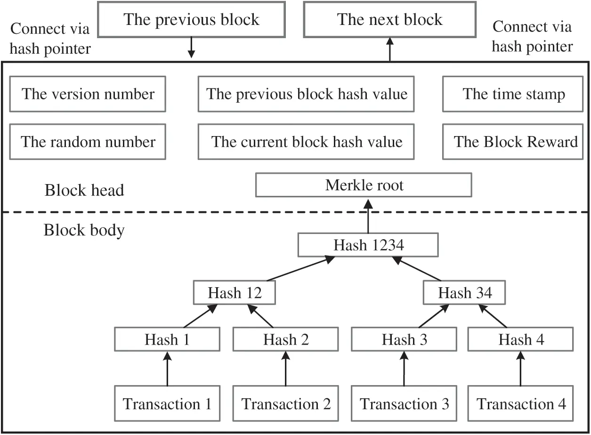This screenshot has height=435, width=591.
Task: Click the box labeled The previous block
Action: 191,19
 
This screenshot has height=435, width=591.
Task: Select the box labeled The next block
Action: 389,19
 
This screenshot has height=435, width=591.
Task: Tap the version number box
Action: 88,94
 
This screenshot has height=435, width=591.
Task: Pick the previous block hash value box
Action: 306,94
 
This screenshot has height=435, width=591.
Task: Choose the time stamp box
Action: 513,94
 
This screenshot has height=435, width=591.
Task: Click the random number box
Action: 88,142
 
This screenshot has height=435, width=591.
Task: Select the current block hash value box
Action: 306,142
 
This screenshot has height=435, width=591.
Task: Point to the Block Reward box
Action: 513,142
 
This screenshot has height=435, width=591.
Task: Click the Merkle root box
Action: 364,185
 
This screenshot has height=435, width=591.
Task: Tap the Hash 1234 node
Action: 368,245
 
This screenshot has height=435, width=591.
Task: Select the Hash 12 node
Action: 235,293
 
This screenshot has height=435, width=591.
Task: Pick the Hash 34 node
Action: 464,293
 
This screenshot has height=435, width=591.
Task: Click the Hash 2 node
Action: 286,339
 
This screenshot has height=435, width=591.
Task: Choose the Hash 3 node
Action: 404,339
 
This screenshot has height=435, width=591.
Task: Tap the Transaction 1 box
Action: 167,404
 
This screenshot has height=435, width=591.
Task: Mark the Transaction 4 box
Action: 521,404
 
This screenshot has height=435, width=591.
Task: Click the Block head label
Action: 84,190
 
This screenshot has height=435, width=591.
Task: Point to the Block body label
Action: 84,230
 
